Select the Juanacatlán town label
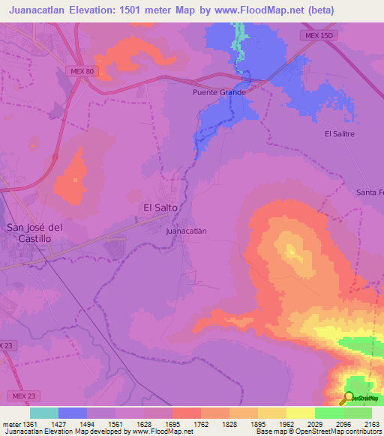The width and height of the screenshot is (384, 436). pyautogui.click(x=186, y=231)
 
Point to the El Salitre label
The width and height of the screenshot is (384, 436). pyautogui.click(x=339, y=133)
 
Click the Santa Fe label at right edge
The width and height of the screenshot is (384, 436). pyautogui.click(x=370, y=193)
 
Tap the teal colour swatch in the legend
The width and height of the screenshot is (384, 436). pyautogui.click(x=44, y=413)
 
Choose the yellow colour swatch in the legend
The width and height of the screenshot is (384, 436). pyautogui.click(x=301, y=413)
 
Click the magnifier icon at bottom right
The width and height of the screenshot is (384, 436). pyautogui.click(x=348, y=397)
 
